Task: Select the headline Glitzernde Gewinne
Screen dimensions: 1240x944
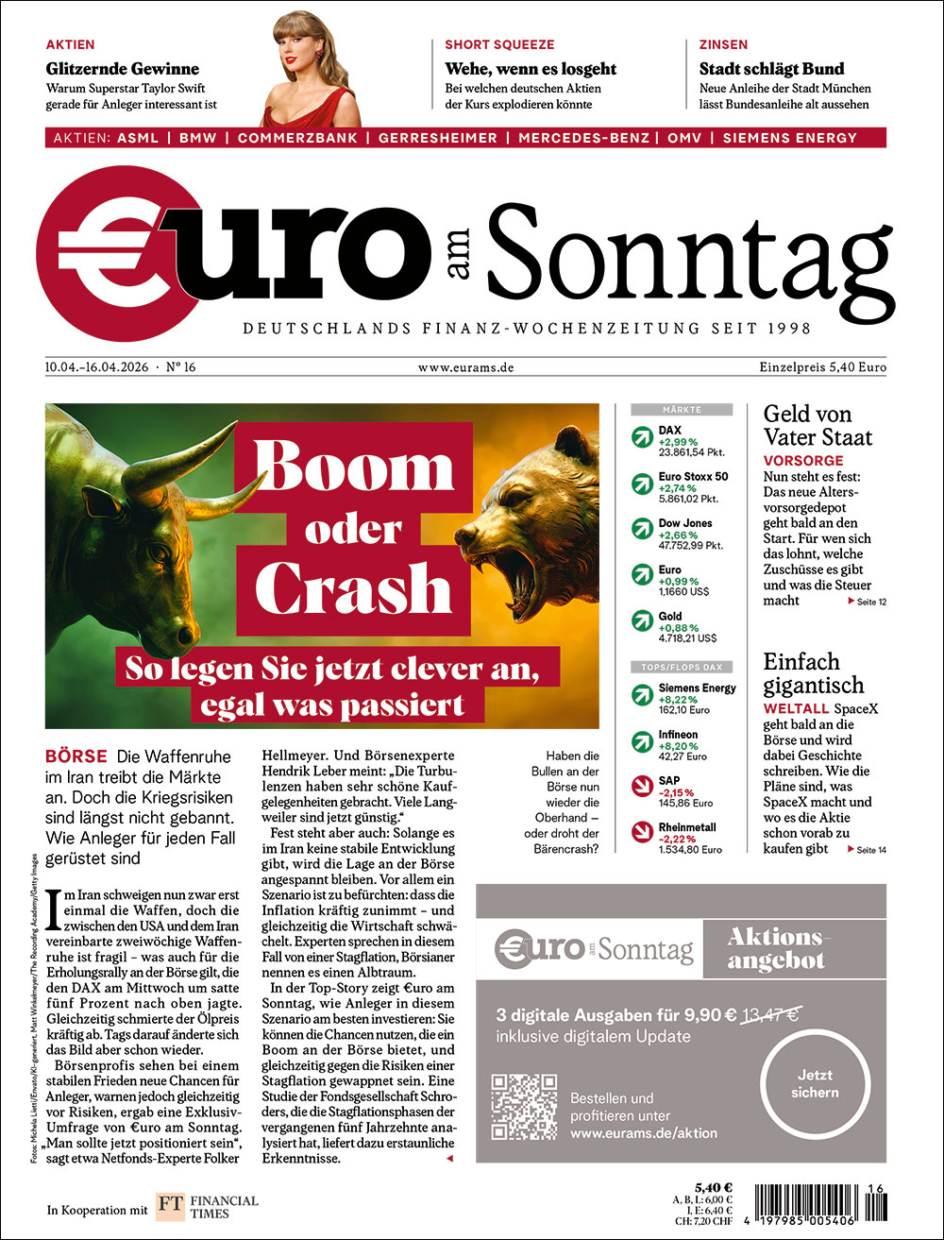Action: click(123, 69)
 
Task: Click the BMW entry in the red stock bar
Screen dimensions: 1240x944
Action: click(198, 138)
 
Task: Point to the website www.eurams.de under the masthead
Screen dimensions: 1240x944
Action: click(466, 367)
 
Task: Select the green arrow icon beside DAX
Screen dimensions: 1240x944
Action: click(643, 436)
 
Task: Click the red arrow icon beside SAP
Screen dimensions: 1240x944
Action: click(643, 788)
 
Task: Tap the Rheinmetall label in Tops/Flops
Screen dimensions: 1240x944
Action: click(687, 827)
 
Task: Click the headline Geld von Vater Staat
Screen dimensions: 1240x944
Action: click(818, 425)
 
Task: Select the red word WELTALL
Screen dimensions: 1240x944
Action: click(795, 707)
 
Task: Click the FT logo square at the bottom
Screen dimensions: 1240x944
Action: click(170, 1208)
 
